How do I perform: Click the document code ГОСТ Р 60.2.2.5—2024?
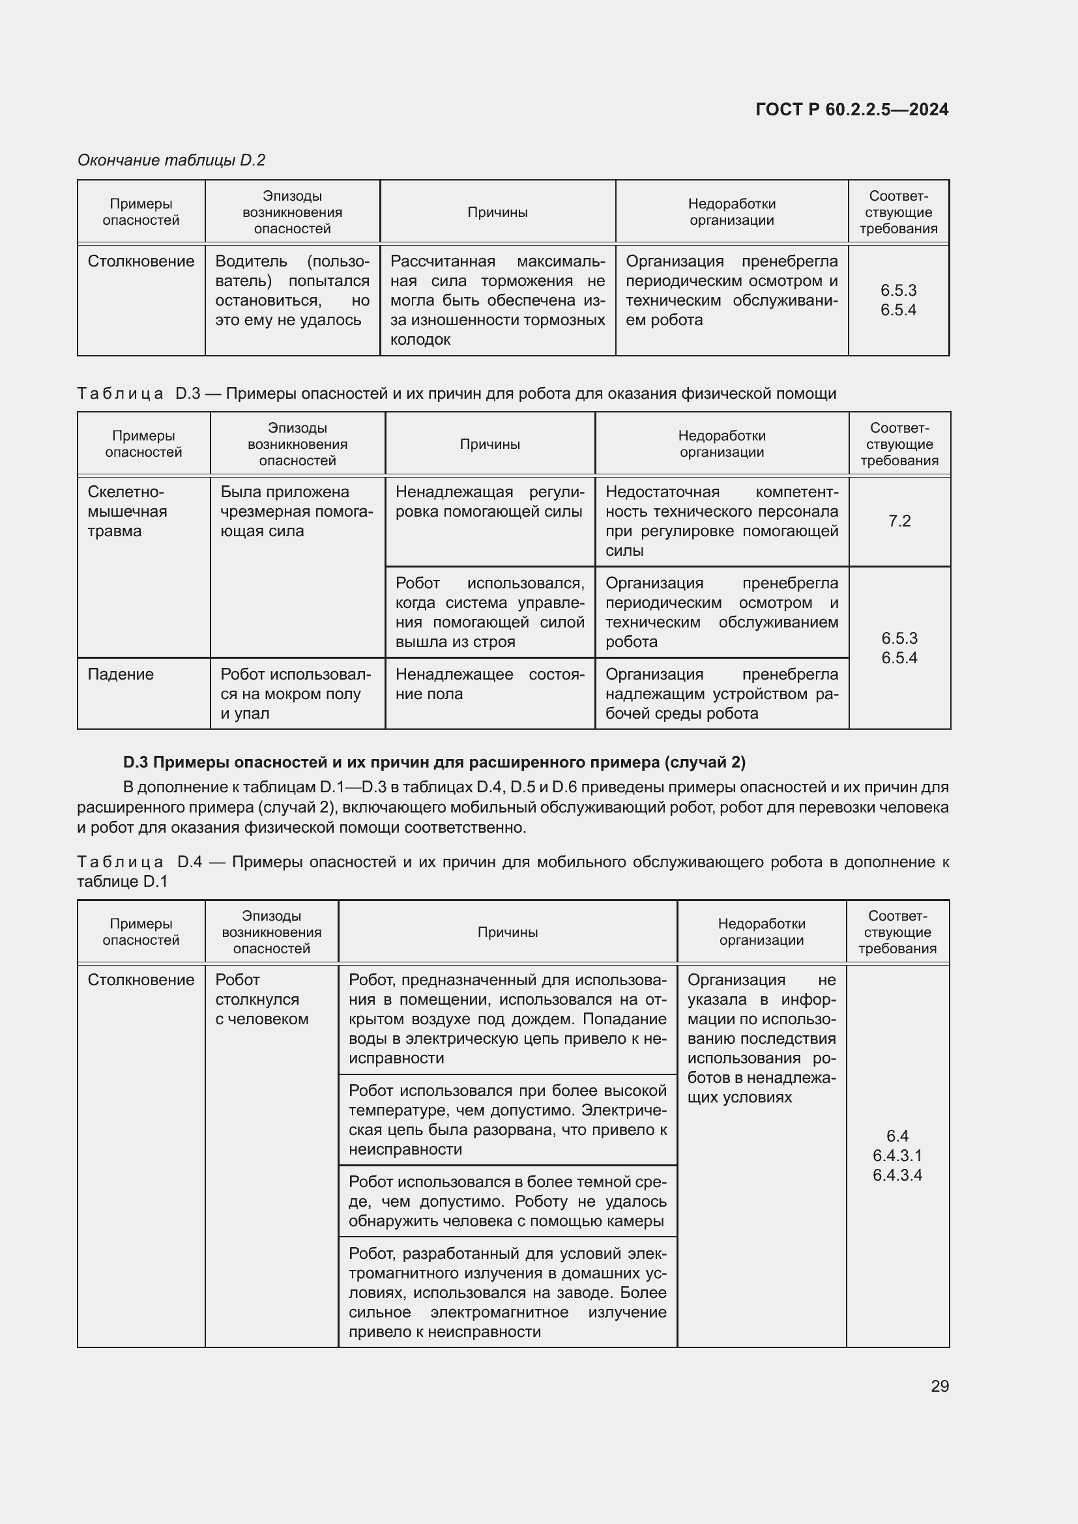click(852, 109)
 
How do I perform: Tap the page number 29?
click(939, 1386)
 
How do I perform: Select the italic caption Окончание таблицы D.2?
click(171, 160)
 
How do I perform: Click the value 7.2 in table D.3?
click(899, 521)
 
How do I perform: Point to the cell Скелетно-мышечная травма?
click(127, 511)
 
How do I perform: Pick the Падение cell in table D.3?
click(121, 674)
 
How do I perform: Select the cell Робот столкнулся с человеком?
click(261, 999)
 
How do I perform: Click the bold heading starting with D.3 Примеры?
click(434, 762)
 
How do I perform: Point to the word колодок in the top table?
click(420, 340)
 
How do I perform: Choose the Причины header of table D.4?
click(507, 932)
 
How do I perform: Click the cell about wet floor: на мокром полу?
click(296, 694)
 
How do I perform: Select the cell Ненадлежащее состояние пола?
click(489, 684)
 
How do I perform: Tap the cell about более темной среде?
click(507, 1201)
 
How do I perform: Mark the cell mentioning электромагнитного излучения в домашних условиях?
click(507, 1292)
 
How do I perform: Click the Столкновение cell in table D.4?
click(141, 981)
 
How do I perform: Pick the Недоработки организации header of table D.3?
click(721, 444)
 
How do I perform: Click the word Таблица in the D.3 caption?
click(120, 394)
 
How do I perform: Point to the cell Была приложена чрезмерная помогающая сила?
click(296, 511)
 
